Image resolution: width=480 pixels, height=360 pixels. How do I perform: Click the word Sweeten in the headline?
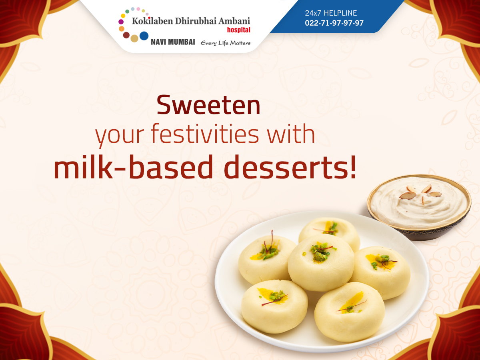(x=208, y=105)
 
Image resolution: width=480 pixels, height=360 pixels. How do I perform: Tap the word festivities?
(x=205, y=133)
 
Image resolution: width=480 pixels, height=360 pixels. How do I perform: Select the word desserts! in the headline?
(x=290, y=167)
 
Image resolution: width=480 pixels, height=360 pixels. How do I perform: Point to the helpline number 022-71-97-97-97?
(x=334, y=23)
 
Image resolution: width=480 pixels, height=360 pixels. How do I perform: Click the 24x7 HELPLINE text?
(x=331, y=13)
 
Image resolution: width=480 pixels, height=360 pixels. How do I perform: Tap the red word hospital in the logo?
(x=238, y=30)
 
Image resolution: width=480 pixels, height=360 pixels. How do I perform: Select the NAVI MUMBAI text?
(x=173, y=42)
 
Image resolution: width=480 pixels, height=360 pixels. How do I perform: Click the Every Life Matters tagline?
(x=226, y=43)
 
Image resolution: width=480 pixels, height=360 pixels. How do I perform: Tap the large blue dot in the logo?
(x=144, y=36)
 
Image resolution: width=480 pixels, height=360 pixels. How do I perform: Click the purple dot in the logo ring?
(x=121, y=22)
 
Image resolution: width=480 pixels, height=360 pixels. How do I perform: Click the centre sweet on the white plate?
(x=321, y=262)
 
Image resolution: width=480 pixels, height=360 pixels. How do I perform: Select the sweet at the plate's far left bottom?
(x=275, y=306)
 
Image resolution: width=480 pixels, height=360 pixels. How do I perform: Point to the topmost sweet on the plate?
(x=329, y=233)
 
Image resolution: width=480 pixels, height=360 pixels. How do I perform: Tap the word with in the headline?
(x=291, y=133)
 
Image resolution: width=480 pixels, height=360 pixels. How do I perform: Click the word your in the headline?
(x=119, y=136)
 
